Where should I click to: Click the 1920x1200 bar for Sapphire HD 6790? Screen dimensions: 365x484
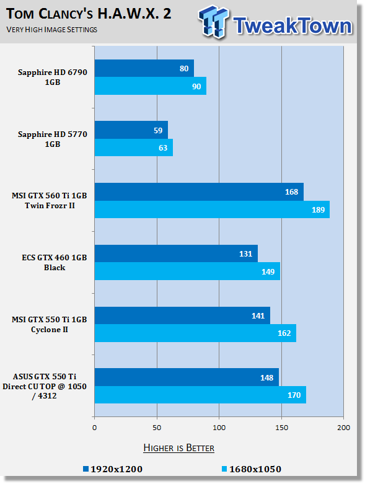pos(144,68)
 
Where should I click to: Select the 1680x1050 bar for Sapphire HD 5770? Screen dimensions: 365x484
pos(134,147)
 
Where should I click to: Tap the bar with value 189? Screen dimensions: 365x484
pos(212,209)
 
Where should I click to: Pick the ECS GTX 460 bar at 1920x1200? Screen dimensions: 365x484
pos(176,253)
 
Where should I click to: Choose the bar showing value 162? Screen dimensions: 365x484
pos(195,333)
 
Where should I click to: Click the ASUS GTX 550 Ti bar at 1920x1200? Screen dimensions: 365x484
pos(187,377)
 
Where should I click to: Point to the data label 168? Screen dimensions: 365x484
pos(292,192)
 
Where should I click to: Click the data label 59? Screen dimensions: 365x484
pos(158,131)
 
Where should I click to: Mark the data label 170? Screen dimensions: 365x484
pos(294,395)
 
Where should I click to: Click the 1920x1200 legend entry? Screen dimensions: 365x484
pos(113,469)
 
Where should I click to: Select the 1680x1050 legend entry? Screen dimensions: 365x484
pos(252,469)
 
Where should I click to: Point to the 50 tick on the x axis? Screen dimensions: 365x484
pos(157,428)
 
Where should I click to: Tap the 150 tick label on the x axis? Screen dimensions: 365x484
pos(281,428)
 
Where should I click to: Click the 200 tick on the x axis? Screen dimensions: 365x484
pos(344,428)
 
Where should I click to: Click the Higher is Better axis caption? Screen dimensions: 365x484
pos(178,448)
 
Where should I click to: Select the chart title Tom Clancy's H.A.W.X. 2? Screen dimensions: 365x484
pos(89,14)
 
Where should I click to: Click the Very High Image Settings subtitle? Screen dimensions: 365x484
pos(52,30)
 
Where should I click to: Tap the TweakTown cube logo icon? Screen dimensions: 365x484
pos(214,22)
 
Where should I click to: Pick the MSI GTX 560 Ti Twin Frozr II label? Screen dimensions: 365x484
pos(50,201)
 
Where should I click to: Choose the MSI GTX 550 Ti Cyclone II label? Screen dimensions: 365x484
pos(50,324)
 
